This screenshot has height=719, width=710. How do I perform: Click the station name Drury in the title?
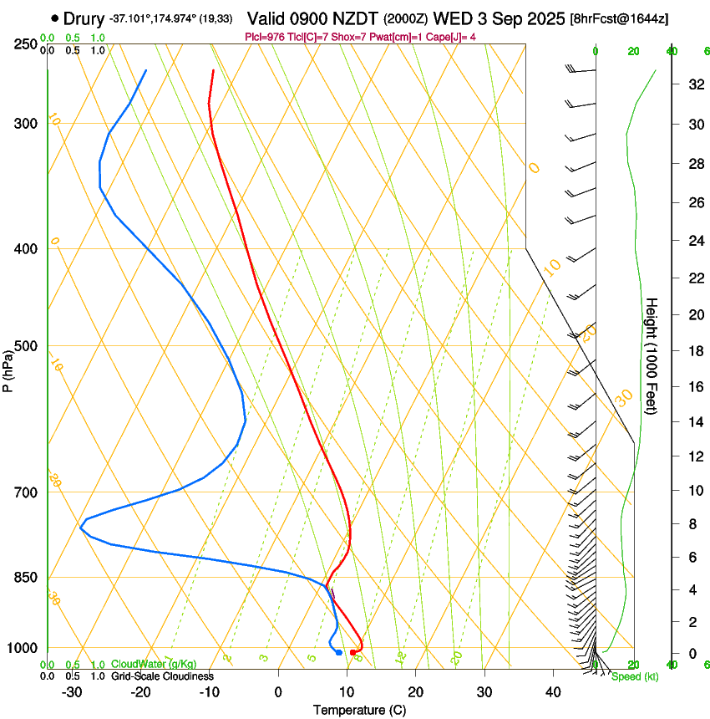pyautogui.click(x=84, y=18)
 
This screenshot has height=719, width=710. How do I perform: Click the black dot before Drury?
pyautogui.click(x=55, y=18)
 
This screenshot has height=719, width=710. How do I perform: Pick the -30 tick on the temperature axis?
pyautogui.click(x=71, y=692)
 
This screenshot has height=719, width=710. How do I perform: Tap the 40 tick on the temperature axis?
pyautogui.click(x=553, y=692)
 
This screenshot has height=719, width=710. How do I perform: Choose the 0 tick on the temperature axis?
pyautogui.click(x=278, y=692)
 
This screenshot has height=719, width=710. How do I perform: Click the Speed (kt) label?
pyautogui.click(x=634, y=676)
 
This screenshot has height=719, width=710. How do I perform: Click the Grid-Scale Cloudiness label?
pyautogui.click(x=162, y=676)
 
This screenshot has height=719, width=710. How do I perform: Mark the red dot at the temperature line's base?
pyautogui.click(x=353, y=652)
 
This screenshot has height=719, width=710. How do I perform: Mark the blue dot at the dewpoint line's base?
pyautogui.click(x=339, y=652)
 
